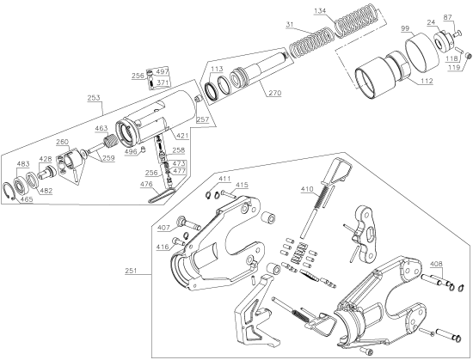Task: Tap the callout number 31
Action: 290,23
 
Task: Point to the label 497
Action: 163,71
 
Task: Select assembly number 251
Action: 130,271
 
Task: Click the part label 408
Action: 436,264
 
